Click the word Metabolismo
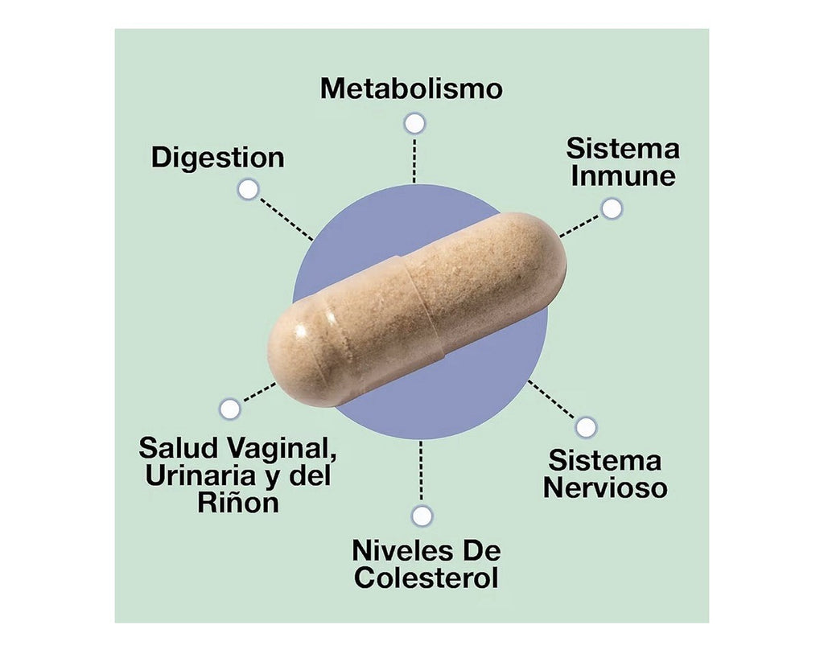pos(411,88)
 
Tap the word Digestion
pos(217,158)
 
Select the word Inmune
pos(624,175)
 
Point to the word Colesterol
pos(426,578)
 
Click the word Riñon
pos(238,502)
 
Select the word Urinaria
pos(200,475)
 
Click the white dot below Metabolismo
pos(414,123)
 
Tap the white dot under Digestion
pos(248,189)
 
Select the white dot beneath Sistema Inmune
pos(612,208)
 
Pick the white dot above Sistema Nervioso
pos(586,427)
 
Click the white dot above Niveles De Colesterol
pos(422,516)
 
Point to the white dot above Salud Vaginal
pos(229,409)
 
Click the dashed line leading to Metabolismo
pos(414,160)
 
